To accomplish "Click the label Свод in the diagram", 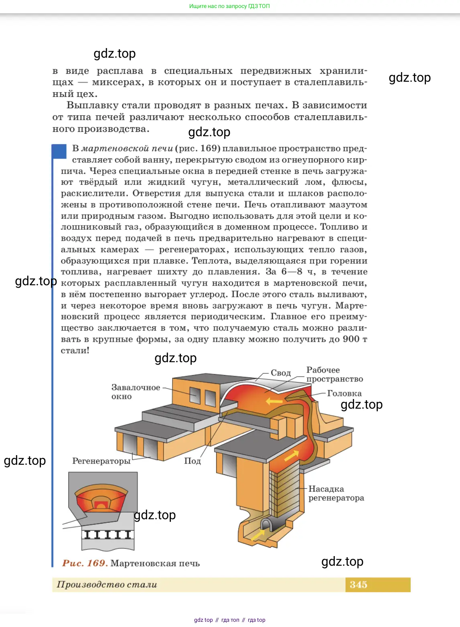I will coord(280,373).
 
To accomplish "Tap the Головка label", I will coord(344,393).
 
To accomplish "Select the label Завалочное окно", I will coord(136,392).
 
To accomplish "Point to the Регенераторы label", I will coord(101,461).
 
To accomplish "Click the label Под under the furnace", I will coord(192,461).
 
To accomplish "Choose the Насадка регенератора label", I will coord(336,493).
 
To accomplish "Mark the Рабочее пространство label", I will coord(334,374).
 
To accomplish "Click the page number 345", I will coord(358,585).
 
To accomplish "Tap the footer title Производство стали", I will coord(107,585).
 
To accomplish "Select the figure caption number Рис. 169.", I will coord(85,563).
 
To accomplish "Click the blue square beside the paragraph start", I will coord(59,151).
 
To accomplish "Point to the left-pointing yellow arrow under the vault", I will coord(274,401).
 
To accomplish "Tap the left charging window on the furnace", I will coord(195,395).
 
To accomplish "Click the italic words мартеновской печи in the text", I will coord(127,149).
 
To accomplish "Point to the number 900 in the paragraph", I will coord(351,339).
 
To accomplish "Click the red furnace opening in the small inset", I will coord(101,504).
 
